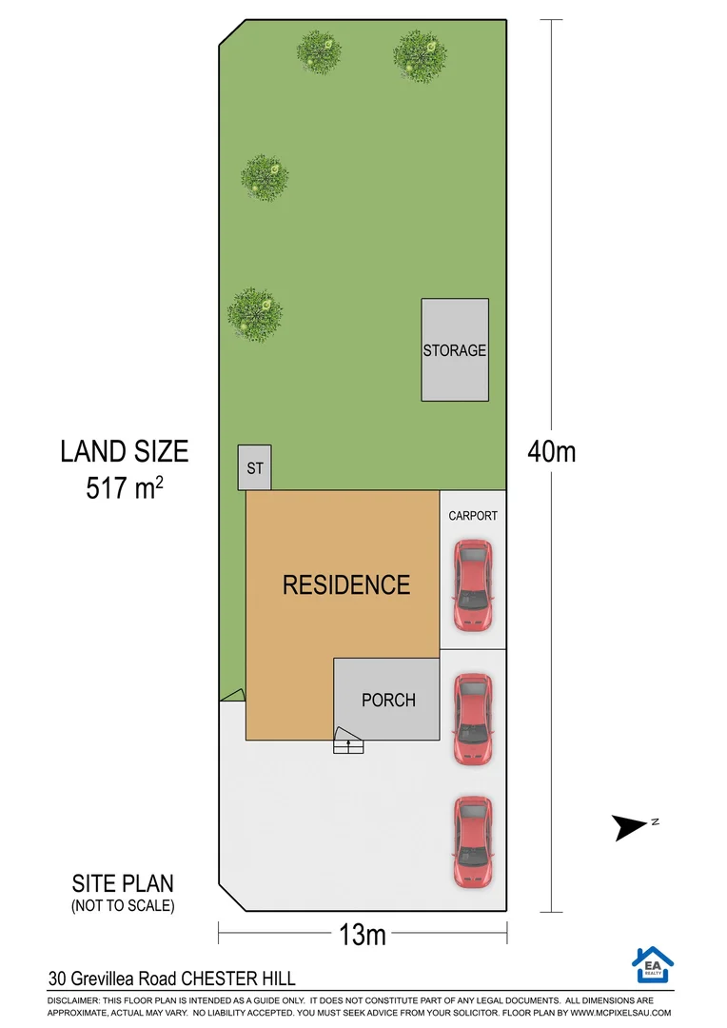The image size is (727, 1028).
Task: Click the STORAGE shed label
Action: pyautogui.click(x=455, y=350)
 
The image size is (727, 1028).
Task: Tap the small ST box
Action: pyautogui.click(x=254, y=468)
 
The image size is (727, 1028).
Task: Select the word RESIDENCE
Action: pyautogui.click(x=346, y=584)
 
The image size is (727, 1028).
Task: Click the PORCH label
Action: pyautogui.click(x=388, y=700)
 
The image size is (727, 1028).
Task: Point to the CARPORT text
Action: pyautogui.click(x=473, y=516)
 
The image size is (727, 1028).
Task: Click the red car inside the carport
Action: pyautogui.click(x=473, y=586)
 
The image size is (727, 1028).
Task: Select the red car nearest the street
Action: pyautogui.click(x=473, y=841)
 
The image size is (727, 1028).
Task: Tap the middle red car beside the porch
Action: pyautogui.click(x=473, y=721)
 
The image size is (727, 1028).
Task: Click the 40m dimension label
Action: pyautogui.click(x=552, y=451)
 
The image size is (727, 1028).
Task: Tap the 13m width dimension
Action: pyautogui.click(x=363, y=935)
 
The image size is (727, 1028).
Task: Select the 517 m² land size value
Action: pyautogui.click(x=124, y=488)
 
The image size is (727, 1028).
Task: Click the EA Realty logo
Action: pyautogui.click(x=652, y=964)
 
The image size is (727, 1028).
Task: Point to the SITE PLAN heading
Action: pyautogui.click(x=123, y=883)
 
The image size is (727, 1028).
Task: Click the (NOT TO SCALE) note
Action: pyautogui.click(x=123, y=906)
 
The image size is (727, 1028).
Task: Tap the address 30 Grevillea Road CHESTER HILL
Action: pyautogui.click(x=172, y=978)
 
